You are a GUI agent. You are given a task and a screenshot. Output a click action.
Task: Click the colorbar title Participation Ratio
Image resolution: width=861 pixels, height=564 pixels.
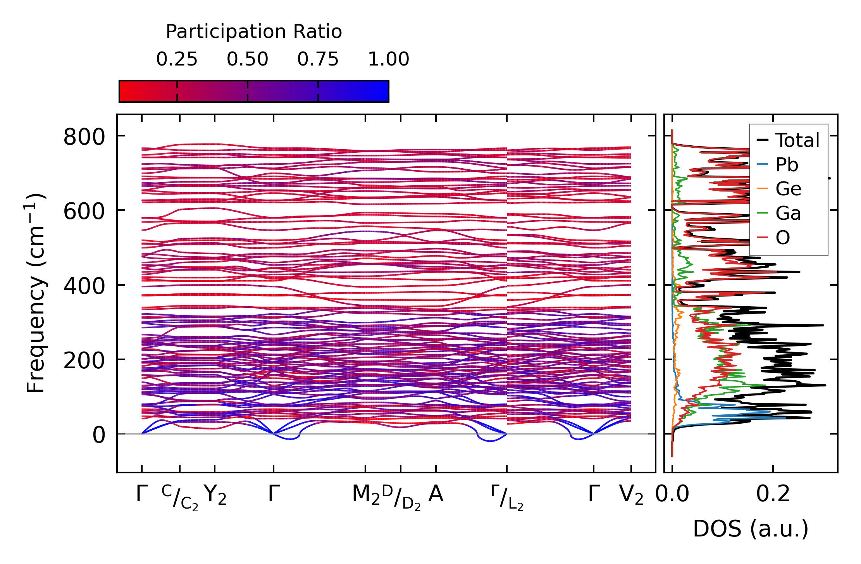pos(254,32)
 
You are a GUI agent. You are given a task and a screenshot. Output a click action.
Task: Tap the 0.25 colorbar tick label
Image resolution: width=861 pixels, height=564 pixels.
pos(177,60)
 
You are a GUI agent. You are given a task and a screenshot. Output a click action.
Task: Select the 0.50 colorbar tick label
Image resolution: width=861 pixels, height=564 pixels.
pos(247,60)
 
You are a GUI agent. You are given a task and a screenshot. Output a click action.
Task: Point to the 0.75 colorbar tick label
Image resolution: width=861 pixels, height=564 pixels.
pos(318,60)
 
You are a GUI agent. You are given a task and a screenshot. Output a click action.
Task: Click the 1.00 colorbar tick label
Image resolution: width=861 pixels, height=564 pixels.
pos(388,60)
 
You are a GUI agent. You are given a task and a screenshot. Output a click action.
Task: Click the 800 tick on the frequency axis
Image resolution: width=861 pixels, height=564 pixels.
pos(84,137)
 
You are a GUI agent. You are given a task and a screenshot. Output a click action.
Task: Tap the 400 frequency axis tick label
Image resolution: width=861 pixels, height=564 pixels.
pos(84,286)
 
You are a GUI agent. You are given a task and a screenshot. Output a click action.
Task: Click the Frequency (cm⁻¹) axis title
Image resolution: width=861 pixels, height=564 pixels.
pos(36,293)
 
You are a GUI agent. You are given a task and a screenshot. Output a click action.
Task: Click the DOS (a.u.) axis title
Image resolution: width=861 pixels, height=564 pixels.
pos(751,529)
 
